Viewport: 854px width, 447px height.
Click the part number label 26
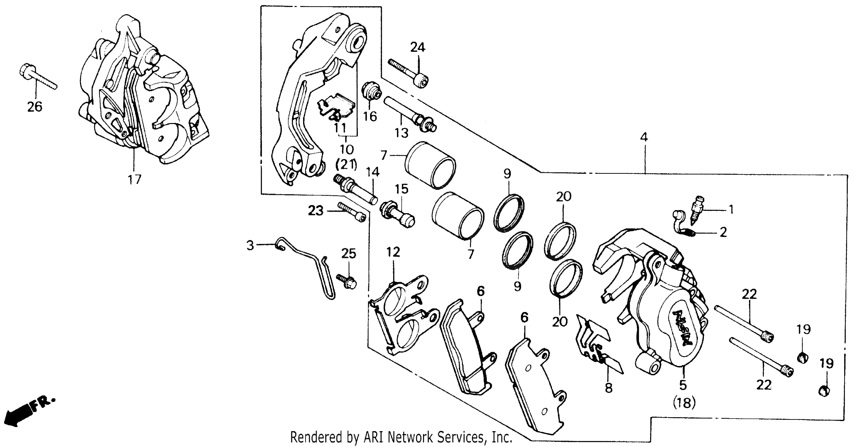pos(35,107)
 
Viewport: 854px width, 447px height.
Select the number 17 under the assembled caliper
pos(134,180)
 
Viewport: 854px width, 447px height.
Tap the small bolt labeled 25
pos(347,281)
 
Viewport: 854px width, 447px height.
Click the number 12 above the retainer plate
pos(393,252)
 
